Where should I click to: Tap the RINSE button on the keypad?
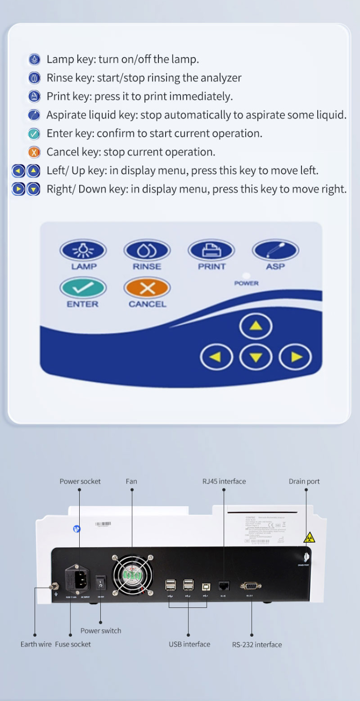(147, 250)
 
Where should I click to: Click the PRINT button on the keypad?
(211, 250)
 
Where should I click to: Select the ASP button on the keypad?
(276, 250)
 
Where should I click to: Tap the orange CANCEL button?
(147, 288)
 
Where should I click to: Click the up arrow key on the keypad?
(256, 326)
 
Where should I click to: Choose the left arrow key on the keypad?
(216, 357)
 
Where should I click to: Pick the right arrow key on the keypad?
(295, 357)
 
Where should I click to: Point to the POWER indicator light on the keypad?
(246, 276)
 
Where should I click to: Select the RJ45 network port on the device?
(224, 586)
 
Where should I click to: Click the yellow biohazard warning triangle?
(309, 538)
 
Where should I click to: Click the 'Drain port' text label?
(304, 481)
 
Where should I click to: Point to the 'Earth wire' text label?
(36, 644)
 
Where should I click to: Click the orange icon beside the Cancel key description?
(34, 153)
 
